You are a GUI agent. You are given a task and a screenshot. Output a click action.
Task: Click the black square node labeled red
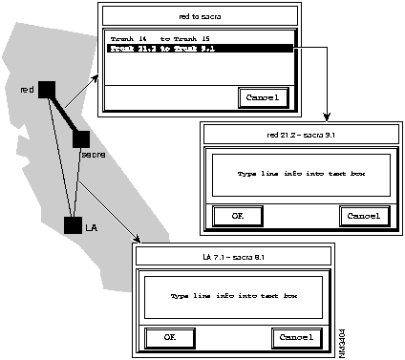tap(47, 89)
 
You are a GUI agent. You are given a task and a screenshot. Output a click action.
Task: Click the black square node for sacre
tap(80, 138)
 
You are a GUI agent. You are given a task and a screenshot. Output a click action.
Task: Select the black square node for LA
tap(73, 225)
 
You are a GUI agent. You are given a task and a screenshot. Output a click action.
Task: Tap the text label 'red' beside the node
tap(27, 90)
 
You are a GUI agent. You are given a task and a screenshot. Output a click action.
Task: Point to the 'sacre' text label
tap(93, 155)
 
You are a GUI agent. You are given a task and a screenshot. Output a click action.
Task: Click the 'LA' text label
tap(92, 227)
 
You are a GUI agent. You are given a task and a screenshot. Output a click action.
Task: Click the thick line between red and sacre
tap(63, 114)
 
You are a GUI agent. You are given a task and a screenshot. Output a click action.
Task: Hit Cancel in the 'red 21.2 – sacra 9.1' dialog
tap(363, 216)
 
